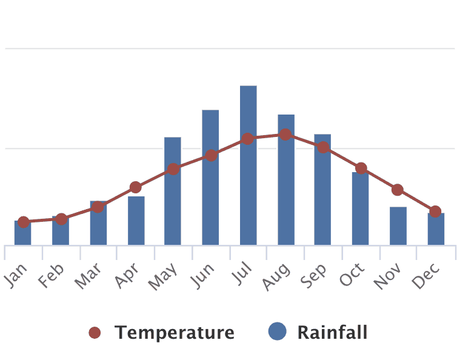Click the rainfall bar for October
coord(360,208)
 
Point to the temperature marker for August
coord(285,135)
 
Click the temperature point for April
coord(135,187)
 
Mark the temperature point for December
coord(435,212)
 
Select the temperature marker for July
coord(248,139)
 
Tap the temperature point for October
coord(361,168)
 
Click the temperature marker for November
coord(398,190)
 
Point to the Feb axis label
coord(52,276)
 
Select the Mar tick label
coord(88,276)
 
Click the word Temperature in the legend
coord(175,333)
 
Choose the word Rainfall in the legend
coord(332,333)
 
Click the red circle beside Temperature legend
coord(95,333)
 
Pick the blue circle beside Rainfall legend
coord(277,332)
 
